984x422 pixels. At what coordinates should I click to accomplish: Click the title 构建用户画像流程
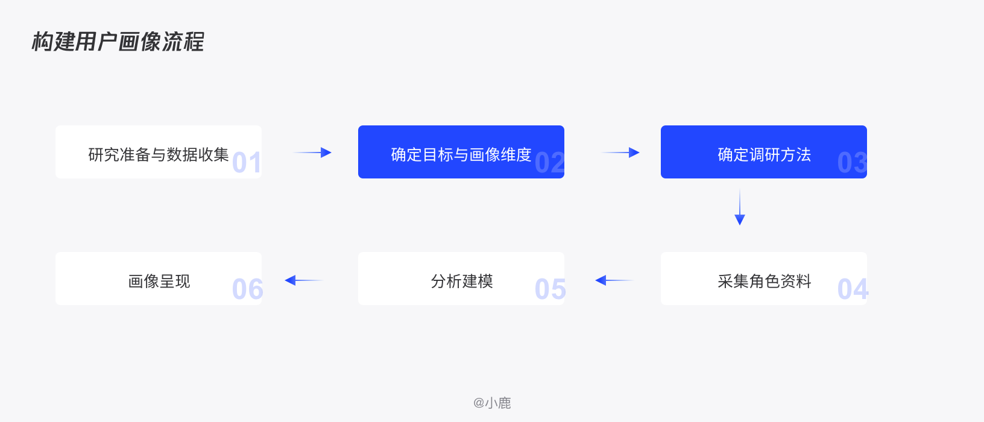coord(118,42)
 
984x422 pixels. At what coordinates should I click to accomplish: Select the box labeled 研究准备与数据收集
coord(159,152)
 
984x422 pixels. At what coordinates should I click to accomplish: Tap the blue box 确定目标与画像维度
coord(461,152)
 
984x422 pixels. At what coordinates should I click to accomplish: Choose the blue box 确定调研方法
coord(764,152)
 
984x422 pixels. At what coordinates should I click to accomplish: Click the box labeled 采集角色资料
coord(764,279)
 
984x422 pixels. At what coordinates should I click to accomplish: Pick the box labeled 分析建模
coord(461,279)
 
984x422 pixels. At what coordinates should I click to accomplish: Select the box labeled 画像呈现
coord(159,279)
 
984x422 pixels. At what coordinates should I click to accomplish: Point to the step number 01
coord(247,163)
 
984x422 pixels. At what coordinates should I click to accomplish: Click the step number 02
coord(549,163)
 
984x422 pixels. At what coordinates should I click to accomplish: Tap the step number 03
coord(852,163)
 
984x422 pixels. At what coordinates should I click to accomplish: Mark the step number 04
coord(853,289)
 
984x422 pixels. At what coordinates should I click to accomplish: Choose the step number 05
coord(550,289)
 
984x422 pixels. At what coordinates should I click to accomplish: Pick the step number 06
coord(247,289)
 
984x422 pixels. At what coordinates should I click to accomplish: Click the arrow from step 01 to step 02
coord(312,153)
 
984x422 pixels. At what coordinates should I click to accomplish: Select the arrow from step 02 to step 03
coord(620,153)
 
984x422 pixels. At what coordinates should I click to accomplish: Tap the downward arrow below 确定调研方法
coord(740,207)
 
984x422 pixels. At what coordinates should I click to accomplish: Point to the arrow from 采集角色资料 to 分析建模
coord(614,280)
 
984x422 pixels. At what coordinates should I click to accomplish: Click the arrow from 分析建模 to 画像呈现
coord(304,280)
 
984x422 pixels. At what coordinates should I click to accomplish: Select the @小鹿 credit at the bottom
coord(492,403)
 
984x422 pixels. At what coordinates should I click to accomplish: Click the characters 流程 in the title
coord(183,42)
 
